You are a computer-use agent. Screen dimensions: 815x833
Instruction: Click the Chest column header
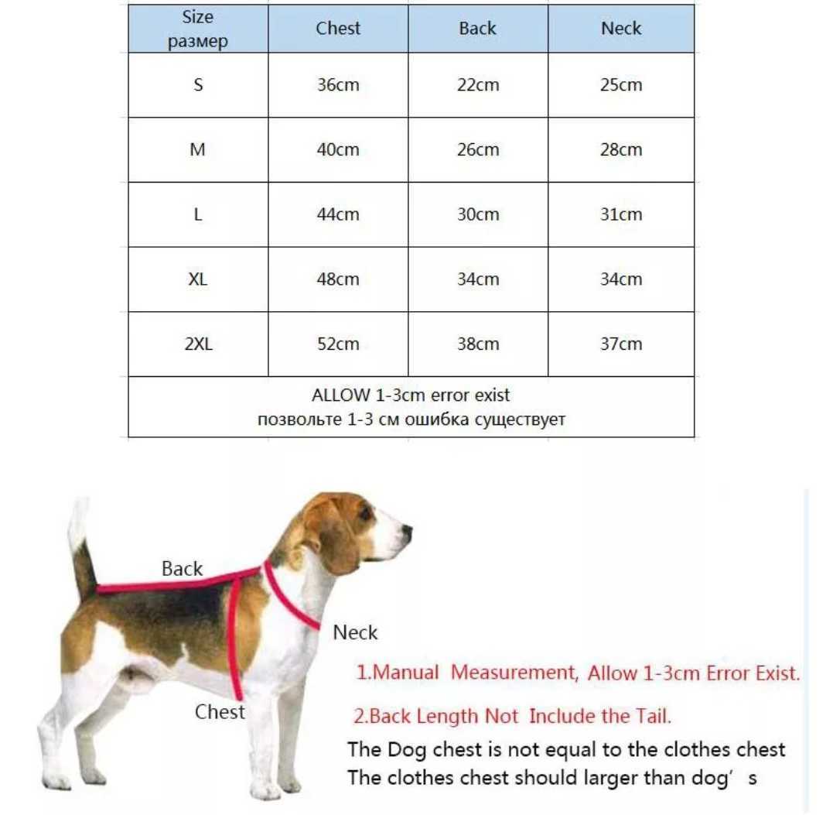(x=338, y=29)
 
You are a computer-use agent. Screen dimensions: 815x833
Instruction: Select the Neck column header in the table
(x=621, y=29)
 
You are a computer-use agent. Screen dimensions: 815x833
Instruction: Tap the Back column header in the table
(x=477, y=29)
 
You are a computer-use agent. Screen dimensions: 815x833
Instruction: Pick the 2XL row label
(x=198, y=344)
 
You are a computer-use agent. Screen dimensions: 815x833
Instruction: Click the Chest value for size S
(x=338, y=85)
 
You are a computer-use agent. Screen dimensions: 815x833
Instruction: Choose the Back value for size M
(x=477, y=150)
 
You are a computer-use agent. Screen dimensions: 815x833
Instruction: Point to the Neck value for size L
(x=621, y=214)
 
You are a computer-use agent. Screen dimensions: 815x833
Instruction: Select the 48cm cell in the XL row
(x=338, y=279)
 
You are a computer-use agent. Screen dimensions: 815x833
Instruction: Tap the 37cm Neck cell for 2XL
(x=621, y=344)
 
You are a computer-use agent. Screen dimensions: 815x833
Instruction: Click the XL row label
(x=198, y=279)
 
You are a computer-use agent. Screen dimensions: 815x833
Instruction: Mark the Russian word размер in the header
(x=198, y=42)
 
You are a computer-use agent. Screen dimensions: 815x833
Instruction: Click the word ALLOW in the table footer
(x=340, y=396)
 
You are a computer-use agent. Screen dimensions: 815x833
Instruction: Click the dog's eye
(x=364, y=514)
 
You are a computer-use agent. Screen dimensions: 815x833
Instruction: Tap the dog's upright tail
(x=80, y=542)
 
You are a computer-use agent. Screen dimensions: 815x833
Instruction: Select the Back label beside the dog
(x=182, y=569)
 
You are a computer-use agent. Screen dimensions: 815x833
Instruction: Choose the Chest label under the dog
(x=220, y=712)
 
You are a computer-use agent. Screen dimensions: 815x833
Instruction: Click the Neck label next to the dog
(x=355, y=633)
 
